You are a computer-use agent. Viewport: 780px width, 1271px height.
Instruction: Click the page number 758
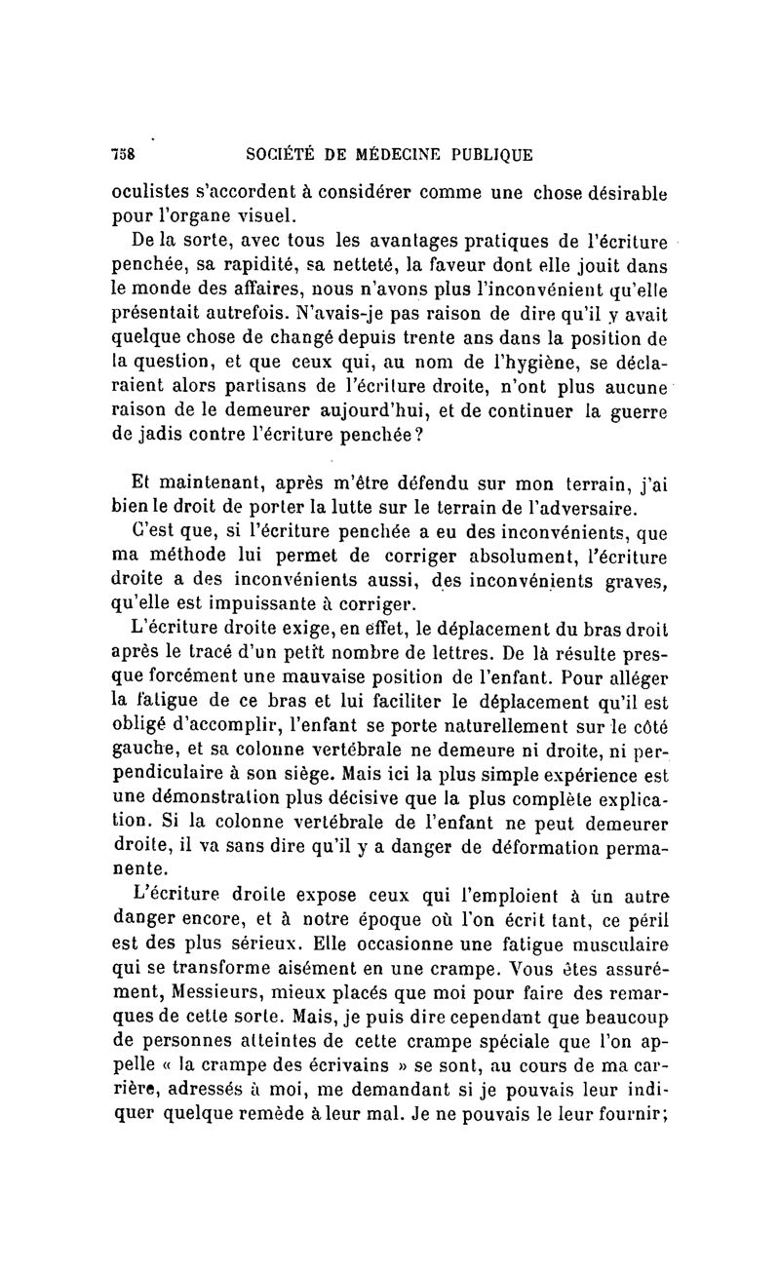pos(123,154)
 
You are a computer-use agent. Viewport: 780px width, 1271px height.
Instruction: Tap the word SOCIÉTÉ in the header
pos(284,154)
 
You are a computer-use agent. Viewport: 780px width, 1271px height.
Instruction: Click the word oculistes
pos(150,191)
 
